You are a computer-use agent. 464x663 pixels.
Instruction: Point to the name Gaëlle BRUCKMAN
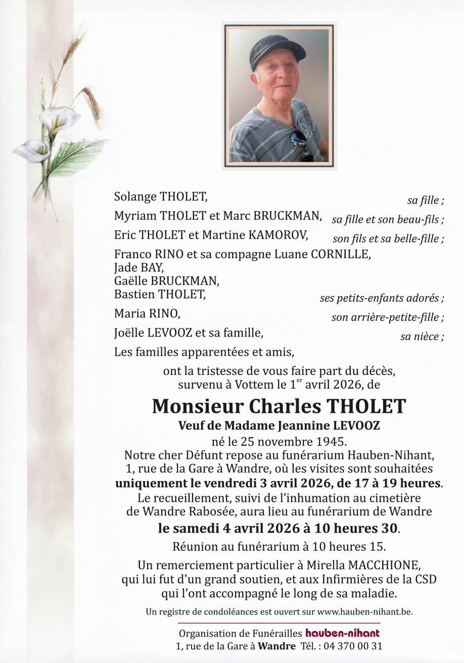click(x=167, y=280)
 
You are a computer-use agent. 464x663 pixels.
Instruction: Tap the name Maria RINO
click(x=147, y=314)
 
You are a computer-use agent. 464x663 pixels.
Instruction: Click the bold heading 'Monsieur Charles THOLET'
click(x=279, y=406)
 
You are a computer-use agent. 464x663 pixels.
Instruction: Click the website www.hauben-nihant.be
click(x=364, y=612)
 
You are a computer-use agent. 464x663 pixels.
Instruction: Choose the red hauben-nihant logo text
click(x=342, y=633)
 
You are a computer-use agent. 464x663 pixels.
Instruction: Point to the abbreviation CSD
click(x=426, y=579)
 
